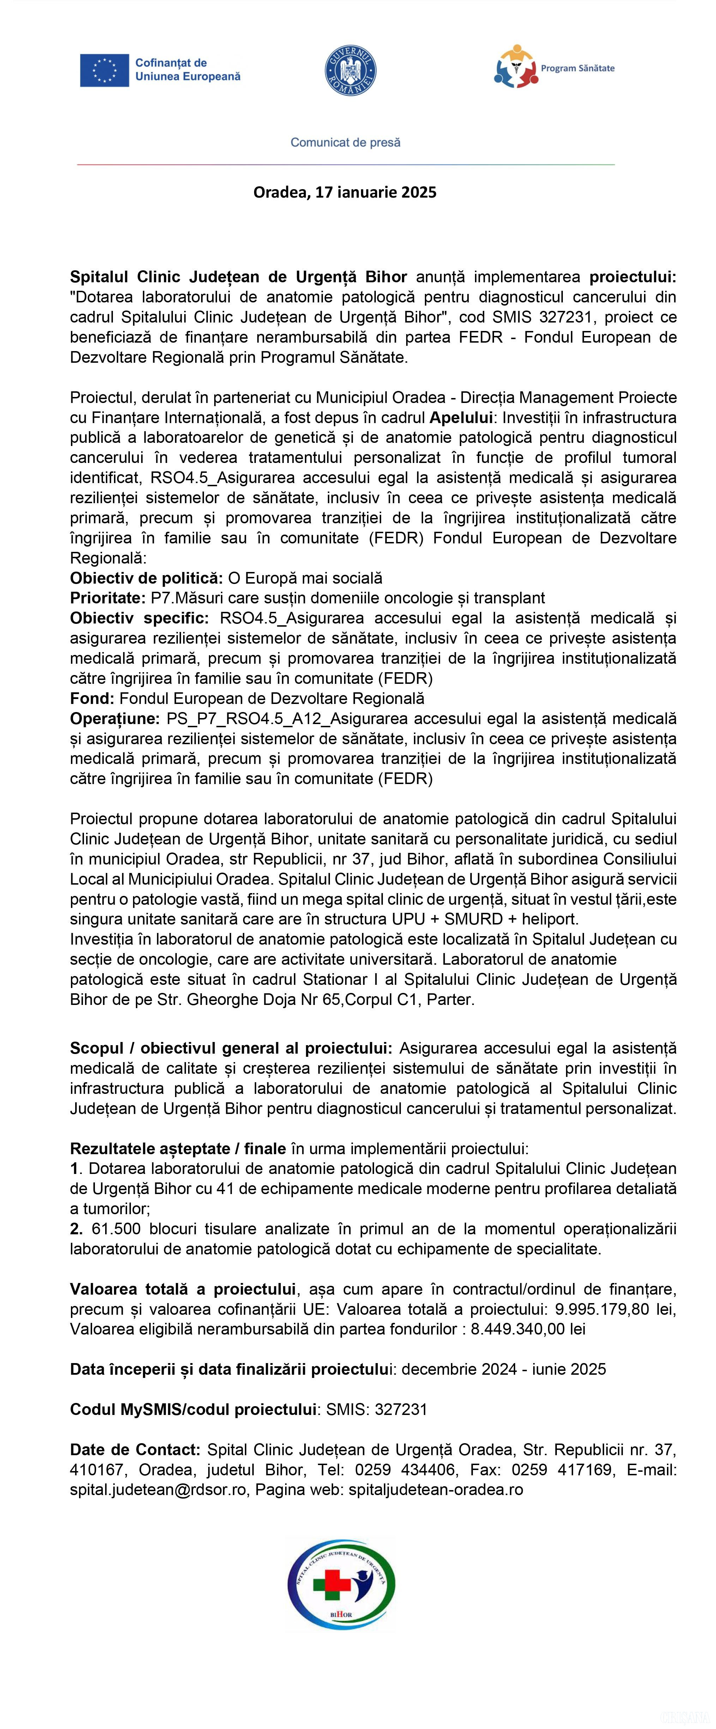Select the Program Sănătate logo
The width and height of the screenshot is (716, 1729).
click(554, 67)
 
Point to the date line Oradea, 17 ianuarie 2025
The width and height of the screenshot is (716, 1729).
click(345, 192)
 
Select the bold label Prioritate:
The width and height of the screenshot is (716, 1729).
click(107, 598)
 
